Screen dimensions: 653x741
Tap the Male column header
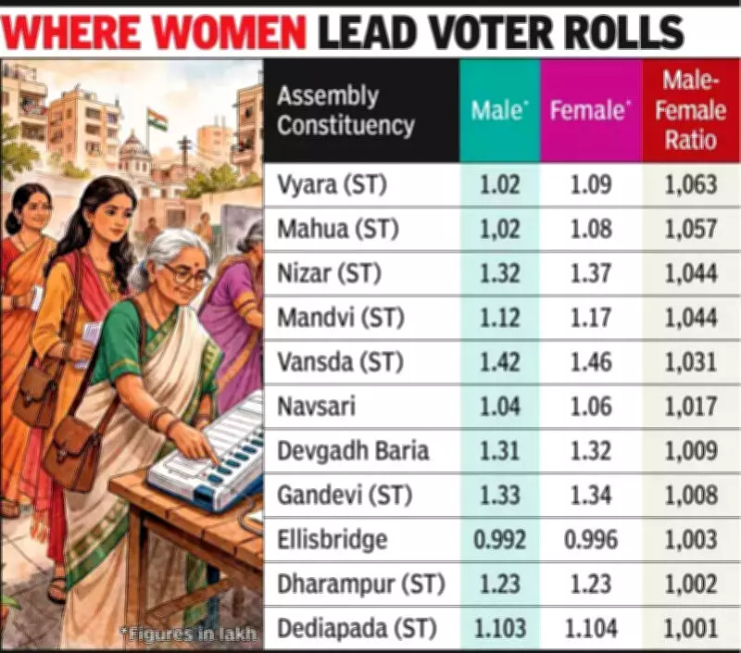click(499, 111)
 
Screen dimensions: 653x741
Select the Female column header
click(590, 111)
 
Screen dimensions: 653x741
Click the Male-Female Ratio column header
click(691, 111)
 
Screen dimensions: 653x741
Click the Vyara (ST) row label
click(332, 185)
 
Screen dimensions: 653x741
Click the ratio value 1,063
click(691, 185)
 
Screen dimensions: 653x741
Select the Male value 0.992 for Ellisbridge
click(499, 540)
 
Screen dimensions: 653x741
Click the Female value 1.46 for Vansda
click(590, 362)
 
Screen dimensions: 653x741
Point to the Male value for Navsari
click(499, 407)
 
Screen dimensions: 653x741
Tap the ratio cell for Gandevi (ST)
click(691, 496)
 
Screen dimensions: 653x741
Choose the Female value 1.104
click(590, 628)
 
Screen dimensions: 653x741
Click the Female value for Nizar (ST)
click(590, 274)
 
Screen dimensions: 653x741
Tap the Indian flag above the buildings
click(157, 119)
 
